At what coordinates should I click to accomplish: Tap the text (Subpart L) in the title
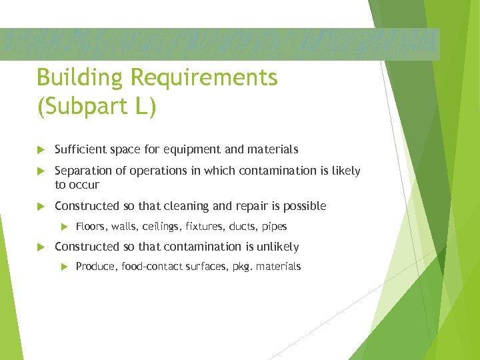click(97, 107)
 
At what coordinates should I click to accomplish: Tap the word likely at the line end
click(345, 171)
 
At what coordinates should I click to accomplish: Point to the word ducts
click(243, 227)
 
